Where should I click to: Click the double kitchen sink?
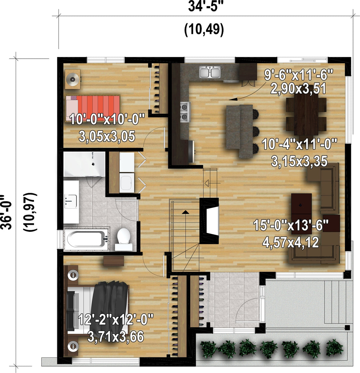210,72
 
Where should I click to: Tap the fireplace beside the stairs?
209,220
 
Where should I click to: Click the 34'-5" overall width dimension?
203,6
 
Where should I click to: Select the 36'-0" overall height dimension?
6,212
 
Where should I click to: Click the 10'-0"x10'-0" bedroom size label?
107,119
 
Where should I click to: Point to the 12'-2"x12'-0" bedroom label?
115,319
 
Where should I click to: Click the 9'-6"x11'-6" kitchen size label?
298,75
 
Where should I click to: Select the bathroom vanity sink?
71,201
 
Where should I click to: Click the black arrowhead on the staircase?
185,212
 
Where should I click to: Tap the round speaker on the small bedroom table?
73,79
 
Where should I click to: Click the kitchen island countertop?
240,131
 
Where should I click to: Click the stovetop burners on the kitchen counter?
185,112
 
